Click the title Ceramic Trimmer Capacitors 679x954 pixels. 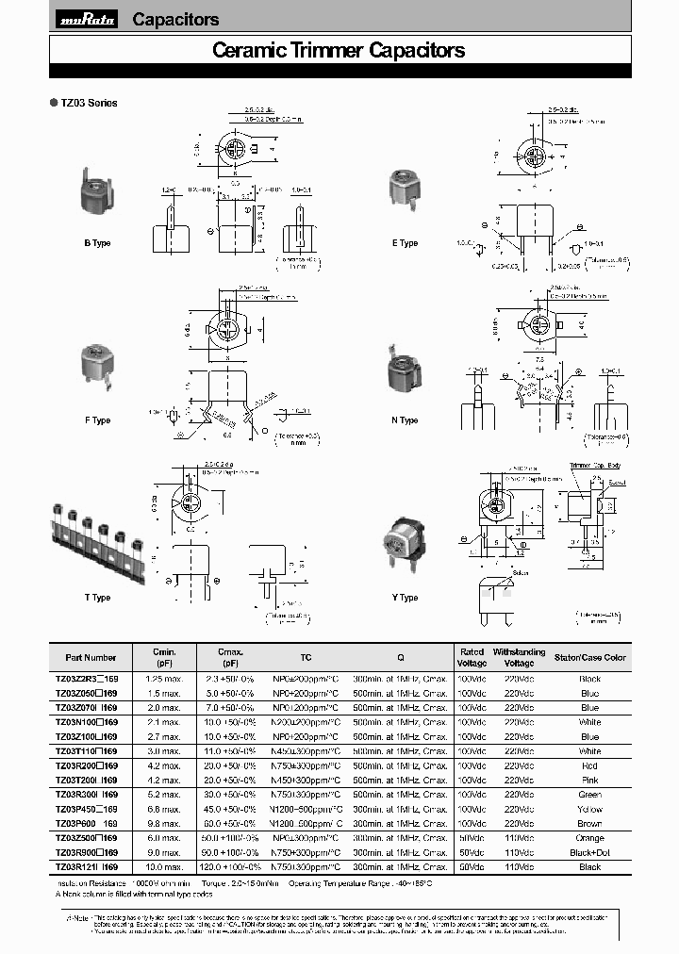click(x=339, y=51)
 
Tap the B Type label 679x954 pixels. click(x=97, y=243)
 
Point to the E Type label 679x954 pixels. click(x=406, y=243)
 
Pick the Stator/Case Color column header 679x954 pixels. click(x=589, y=657)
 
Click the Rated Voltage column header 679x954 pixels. click(x=472, y=657)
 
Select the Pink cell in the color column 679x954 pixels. click(x=589, y=781)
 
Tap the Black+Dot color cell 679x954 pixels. click(x=589, y=852)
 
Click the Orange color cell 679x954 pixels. click(x=589, y=838)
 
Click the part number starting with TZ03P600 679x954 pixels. click(x=86, y=824)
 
